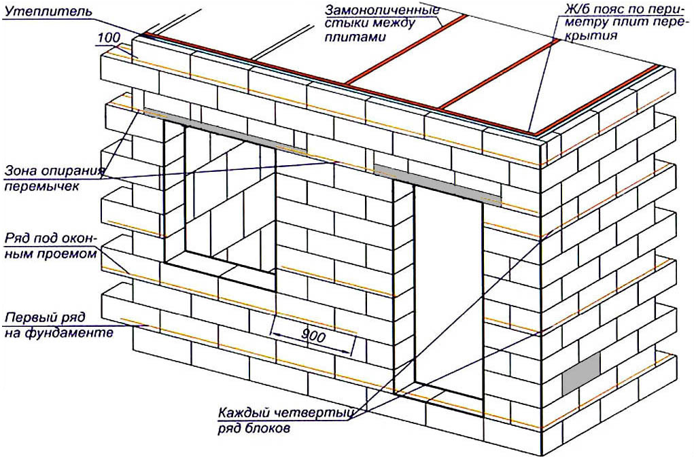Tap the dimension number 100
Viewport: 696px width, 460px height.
[109, 37]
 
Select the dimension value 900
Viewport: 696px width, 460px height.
[313, 336]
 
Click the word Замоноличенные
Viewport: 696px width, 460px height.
[382, 10]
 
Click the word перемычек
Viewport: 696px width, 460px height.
[42, 186]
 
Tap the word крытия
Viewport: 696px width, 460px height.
[591, 35]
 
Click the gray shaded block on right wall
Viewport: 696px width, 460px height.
[582, 374]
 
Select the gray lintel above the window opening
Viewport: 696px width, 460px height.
[224, 130]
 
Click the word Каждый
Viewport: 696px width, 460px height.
[245, 413]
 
